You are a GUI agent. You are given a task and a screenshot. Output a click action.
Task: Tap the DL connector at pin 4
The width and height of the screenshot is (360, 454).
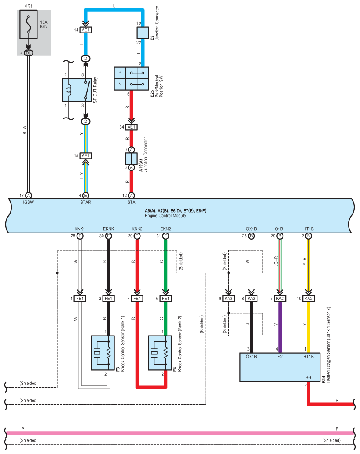coord(29,53)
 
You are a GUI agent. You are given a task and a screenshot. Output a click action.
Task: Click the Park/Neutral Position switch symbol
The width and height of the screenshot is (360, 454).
coord(137,79)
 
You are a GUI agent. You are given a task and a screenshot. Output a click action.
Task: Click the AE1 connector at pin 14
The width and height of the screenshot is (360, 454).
coord(85,30)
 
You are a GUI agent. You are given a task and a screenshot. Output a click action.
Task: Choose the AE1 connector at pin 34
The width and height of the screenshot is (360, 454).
coord(131,127)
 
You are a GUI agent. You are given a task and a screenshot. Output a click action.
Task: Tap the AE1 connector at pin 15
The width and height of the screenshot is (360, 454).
coord(85,155)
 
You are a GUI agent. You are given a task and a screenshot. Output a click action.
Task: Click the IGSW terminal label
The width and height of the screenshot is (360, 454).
coord(29,203)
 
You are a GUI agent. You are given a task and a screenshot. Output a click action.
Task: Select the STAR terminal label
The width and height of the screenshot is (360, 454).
coord(85,203)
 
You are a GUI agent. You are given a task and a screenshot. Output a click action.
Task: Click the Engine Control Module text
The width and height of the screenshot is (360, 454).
coord(165,216)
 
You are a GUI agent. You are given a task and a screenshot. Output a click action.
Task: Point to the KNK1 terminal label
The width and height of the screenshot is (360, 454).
coord(80,229)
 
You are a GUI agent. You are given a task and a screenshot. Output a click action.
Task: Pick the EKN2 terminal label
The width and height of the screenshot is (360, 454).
coord(165,229)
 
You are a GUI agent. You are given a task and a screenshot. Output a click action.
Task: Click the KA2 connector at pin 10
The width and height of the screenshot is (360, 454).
coord(308,299)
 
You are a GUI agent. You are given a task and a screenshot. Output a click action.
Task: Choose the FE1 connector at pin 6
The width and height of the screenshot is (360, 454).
coord(165,299)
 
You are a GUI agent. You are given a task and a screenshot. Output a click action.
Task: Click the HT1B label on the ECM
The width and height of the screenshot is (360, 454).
coord(308,229)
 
